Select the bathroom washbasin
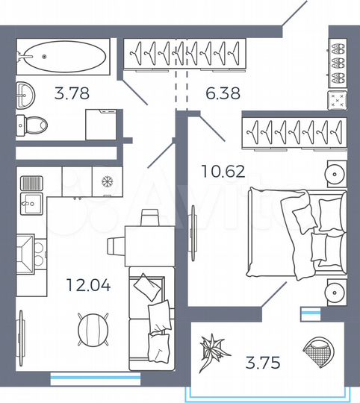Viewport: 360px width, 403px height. click(25, 93)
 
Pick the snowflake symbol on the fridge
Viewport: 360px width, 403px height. click(105, 181)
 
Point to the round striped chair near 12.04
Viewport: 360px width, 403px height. click(91, 327)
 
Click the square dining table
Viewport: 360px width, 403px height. click(149, 245)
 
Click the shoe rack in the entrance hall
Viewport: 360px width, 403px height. click(336, 66)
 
